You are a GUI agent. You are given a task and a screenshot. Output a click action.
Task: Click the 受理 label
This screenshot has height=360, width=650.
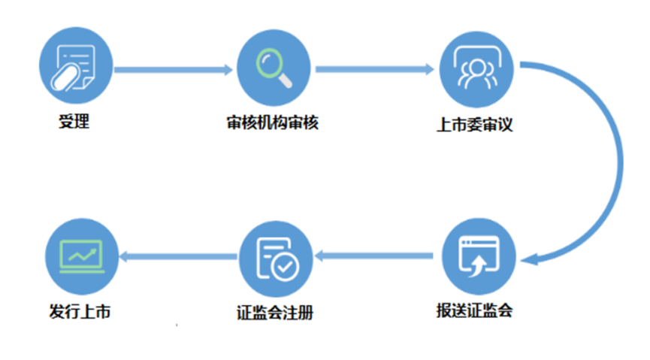pyautogui.click(x=74, y=121)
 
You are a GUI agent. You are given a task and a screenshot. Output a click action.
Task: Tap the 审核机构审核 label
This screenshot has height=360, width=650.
pyautogui.click(x=272, y=123)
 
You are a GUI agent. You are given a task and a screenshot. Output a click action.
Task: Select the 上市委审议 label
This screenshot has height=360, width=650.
pyautogui.click(x=475, y=125)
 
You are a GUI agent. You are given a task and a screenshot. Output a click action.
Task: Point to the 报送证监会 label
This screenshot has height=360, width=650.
pyautogui.click(x=475, y=310)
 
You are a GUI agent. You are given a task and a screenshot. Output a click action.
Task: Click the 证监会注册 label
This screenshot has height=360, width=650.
pyautogui.click(x=275, y=313)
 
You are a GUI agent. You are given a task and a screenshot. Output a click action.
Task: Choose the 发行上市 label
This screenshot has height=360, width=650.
pyautogui.click(x=80, y=311)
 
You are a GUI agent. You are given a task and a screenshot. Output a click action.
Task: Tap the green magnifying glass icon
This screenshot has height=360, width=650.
pyautogui.click(x=274, y=68)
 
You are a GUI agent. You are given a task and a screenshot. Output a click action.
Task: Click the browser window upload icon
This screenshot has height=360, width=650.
pyautogui.click(x=479, y=256)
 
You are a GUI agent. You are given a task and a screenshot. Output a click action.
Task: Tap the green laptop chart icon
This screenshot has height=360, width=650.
pyautogui.click(x=82, y=256)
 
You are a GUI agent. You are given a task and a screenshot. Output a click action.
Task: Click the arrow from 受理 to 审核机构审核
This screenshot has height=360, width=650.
pyautogui.click(x=174, y=70)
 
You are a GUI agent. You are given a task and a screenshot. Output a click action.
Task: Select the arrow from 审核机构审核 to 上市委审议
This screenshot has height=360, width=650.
pyautogui.click(x=375, y=69)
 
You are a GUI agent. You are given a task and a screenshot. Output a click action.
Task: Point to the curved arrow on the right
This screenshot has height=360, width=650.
pyautogui.click(x=621, y=162)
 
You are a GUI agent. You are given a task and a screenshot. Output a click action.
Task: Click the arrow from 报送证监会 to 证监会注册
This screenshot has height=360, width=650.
pyautogui.click(x=373, y=256)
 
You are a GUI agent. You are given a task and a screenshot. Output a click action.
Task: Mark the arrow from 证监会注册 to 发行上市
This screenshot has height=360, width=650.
pyautogui.click(x=178, y=257)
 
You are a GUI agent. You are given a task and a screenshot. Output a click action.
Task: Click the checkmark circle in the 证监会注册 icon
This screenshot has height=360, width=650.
pyautogui.click(x=286, y=267)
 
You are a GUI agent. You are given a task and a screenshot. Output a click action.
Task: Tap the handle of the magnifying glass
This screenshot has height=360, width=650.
pyautogui.click(x=285, y=80)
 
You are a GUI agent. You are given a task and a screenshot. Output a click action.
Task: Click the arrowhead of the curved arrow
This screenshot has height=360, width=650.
pyautogui.click(x=529, y=259)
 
